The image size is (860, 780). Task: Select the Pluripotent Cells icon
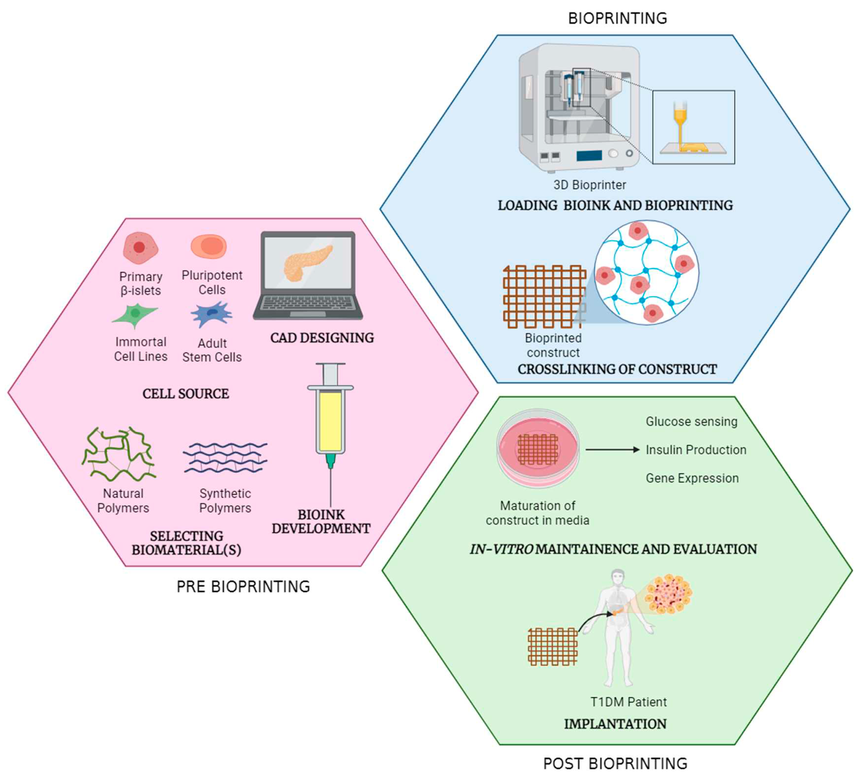point(208,247)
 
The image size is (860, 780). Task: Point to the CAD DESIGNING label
point(322,338)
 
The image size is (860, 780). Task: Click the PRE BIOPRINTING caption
point(243,587)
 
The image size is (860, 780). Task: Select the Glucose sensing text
point(691,422)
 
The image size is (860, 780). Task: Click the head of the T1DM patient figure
point(617,577)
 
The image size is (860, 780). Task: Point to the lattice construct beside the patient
point(553,646)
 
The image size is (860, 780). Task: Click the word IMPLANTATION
point(615,724)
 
